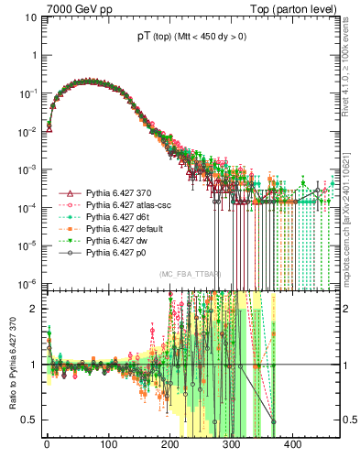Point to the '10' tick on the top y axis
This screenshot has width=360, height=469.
pos(30,17)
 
